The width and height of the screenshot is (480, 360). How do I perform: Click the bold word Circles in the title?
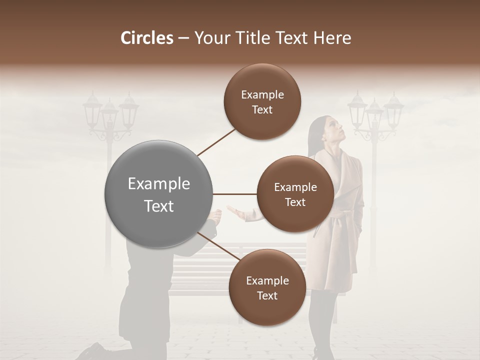tap(146, 38)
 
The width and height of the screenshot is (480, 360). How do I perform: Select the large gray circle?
tap(159, 194)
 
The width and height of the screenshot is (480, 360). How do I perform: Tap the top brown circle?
tap(262, 102)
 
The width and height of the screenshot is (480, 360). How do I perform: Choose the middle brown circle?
tap(295, 194)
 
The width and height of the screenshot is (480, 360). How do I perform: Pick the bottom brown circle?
tap(267, 287)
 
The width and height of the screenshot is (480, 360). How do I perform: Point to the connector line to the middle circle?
tap(235, 194)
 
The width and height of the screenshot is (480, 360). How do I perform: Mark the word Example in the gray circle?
tap(159, 184)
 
